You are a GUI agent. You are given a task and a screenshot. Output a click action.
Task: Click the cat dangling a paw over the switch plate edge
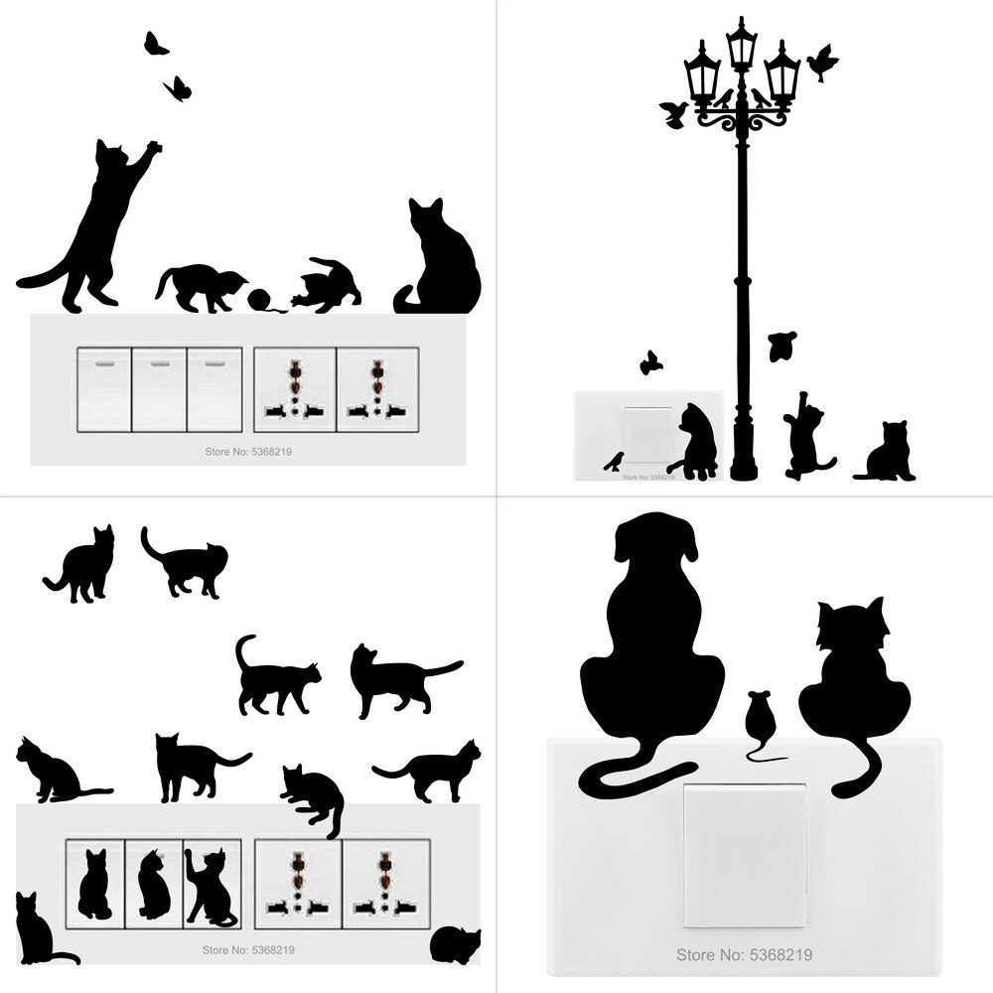[314, 795]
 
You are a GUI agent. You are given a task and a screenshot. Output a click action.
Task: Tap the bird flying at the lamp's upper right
[822, 63]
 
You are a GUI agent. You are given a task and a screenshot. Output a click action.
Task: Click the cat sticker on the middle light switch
[153, 884]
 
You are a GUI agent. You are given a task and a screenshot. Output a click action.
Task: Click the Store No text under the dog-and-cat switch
[744, 955]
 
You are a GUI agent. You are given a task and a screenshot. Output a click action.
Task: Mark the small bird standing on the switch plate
[617, 460]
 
